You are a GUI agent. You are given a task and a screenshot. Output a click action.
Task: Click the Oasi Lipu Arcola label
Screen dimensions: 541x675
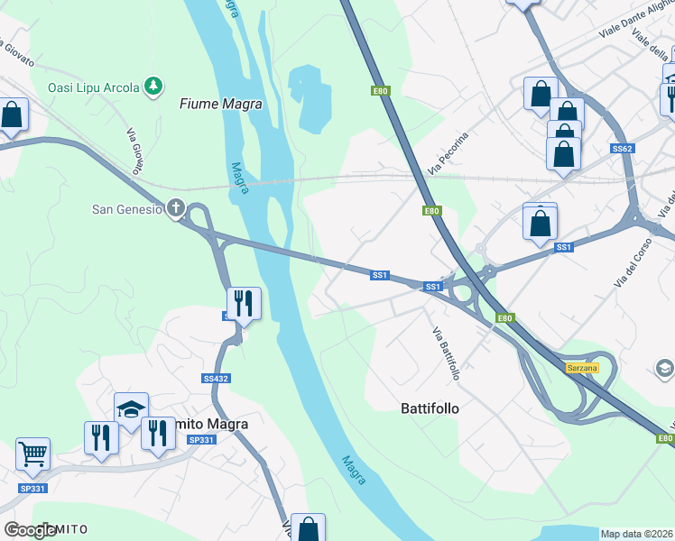click(94, 87)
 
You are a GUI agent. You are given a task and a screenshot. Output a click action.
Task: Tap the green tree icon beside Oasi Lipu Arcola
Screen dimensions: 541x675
click(155, 87)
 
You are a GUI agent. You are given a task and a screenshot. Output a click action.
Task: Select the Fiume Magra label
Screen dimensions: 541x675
click(221, 105)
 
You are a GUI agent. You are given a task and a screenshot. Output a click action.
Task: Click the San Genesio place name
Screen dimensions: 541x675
click(127, 210)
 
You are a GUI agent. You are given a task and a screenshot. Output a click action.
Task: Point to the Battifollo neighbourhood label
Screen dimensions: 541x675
click(430, 408)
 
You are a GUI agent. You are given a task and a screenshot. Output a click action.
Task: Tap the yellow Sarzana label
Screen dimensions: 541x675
click(582, 368)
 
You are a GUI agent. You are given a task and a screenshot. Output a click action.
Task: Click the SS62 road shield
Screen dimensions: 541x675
click(621, 148)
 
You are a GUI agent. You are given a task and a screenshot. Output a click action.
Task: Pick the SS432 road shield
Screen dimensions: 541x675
click(215, 380)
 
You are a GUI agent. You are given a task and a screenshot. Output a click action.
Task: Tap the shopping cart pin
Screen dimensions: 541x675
click(32, 454)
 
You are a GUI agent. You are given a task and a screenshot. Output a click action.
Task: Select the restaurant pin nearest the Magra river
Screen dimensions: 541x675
click(244, 303)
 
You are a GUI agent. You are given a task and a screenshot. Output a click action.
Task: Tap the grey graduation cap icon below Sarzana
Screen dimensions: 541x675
click(665, 368)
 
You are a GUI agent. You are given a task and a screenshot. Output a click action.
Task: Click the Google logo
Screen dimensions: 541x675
click(31, 530)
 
